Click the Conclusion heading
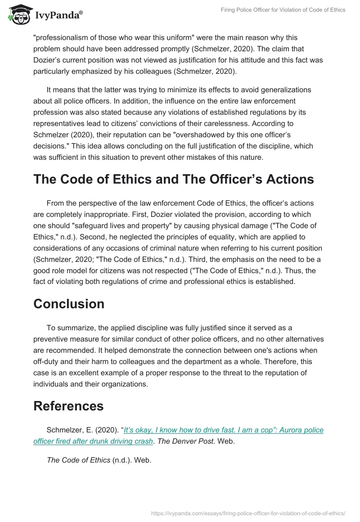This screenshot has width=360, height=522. point(69,304)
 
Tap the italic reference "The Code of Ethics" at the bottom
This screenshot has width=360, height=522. point(78,460)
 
